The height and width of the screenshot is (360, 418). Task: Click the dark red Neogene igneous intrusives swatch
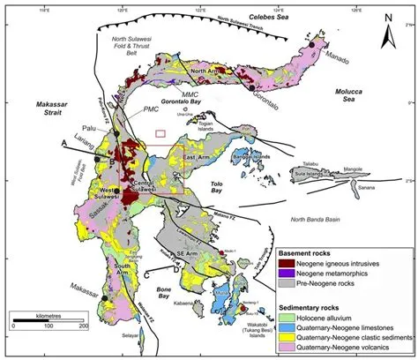[x=287, y=262]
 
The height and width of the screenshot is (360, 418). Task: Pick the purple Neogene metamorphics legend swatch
[x=287, y=273]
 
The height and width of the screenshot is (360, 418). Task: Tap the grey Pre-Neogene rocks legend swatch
[x=287, y=283]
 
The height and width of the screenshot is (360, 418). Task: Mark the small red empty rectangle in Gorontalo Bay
[x=160, y=134]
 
